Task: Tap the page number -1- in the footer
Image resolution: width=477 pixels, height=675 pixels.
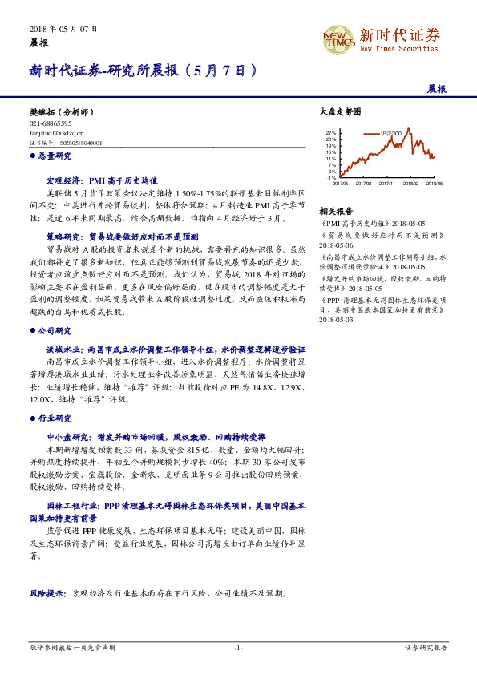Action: pos(238,648)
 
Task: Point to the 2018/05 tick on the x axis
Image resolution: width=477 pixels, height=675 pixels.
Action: pos(435,183)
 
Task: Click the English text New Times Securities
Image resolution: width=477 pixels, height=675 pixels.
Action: pos(398,48)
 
